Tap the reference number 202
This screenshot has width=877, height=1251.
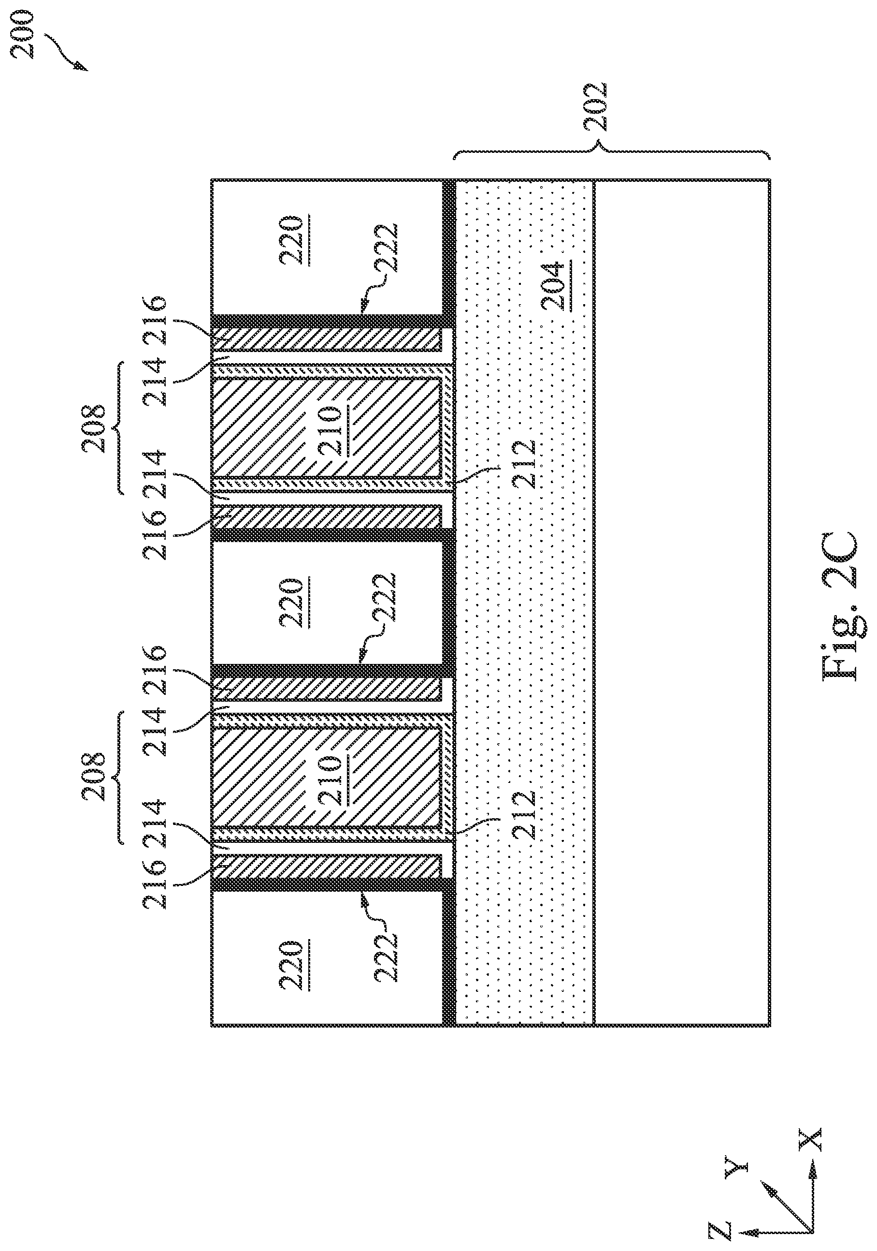[594, 107]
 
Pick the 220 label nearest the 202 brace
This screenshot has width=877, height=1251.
[290, 240]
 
